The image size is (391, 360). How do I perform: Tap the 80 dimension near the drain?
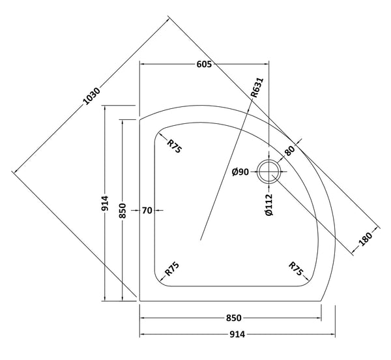(290, 151)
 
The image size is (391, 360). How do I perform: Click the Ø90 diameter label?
(241, 172)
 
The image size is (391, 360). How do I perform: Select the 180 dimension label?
(366, 241)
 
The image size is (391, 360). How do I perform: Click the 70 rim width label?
(147, 210)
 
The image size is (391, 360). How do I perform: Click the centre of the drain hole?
(268, 172)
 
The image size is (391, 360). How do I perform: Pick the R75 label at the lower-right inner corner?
(297, 268)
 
